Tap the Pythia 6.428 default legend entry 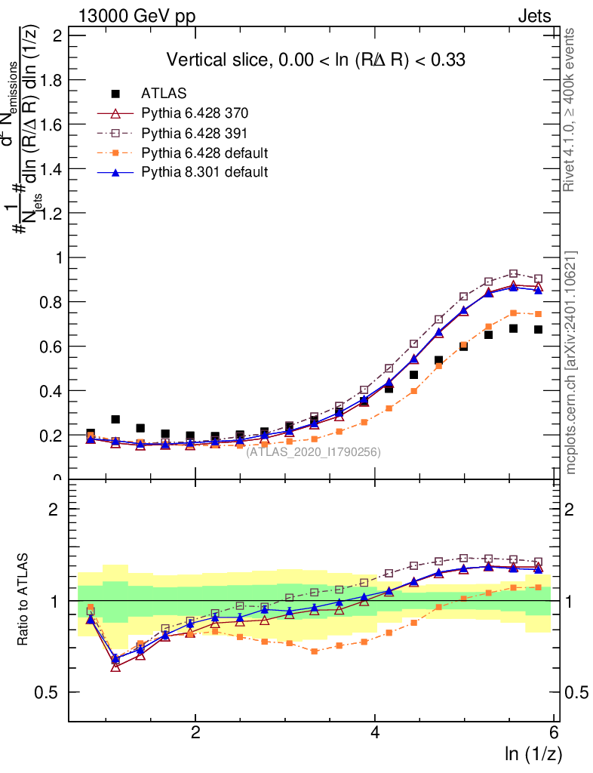click(x=204, y=152)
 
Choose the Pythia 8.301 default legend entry click(x=204, y=172)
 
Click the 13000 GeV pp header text click(x=136, y=16)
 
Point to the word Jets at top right click(x=533, y=16)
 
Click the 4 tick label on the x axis click(x=375, y=732)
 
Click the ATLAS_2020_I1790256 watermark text click(x=313, y=452)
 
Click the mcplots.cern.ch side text click(x=570, y=362)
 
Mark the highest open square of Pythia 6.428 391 click(x=514, y=274)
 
